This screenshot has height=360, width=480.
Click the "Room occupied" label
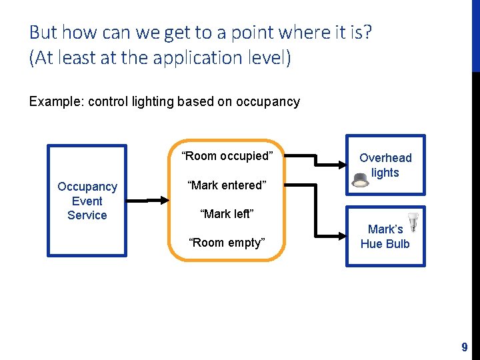(227, 157)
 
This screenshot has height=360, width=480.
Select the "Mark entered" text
(227, 185)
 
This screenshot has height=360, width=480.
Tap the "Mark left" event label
(227, 214)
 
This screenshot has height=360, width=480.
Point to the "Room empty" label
(227, 243)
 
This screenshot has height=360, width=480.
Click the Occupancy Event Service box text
(87, 201)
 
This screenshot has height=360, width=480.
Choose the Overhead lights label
(385, 165)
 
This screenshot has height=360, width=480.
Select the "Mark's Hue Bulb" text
(385, 237)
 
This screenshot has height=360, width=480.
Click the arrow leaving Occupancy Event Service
(147, 200)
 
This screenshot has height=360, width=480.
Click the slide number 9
(465, 347)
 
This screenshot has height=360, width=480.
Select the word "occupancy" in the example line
(269, 102)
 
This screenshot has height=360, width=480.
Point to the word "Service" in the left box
(87, 215)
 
